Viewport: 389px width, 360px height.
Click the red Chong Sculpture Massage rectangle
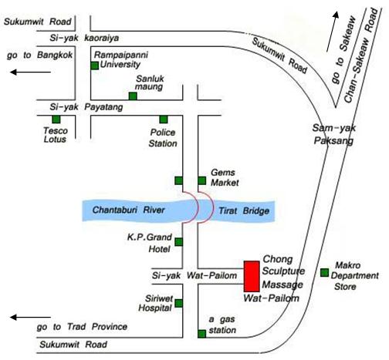pos(252,276)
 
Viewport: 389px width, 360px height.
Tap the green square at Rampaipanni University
pos(95,66)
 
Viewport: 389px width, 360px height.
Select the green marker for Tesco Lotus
pos(56,119)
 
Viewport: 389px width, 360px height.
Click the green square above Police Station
pos(164,119)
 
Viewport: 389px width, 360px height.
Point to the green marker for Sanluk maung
pos(133,96)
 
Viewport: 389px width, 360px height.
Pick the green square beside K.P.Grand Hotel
pos(178,242)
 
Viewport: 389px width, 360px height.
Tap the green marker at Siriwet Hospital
pos(178,303)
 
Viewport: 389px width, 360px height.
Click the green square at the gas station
pos(202,334)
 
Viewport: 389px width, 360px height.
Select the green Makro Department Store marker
pos(324,273)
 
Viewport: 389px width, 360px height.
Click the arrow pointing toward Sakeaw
pos(333,32)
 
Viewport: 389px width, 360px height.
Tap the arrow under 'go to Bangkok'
pos(30,72)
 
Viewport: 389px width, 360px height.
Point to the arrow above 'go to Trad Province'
pos(30,318)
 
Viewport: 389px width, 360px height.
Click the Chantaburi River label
pos(128,210)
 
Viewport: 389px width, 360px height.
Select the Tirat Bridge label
pos(244,211)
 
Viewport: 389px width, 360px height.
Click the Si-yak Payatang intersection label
pos(86,107)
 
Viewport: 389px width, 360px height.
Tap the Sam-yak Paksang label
pos(333,134)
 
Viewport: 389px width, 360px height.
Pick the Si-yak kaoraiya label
pos(84,38)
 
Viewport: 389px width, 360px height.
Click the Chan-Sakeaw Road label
pos(361,55)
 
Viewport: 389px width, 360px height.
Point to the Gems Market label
pos(225,177)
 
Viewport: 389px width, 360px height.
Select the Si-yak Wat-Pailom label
pos(194,276)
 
